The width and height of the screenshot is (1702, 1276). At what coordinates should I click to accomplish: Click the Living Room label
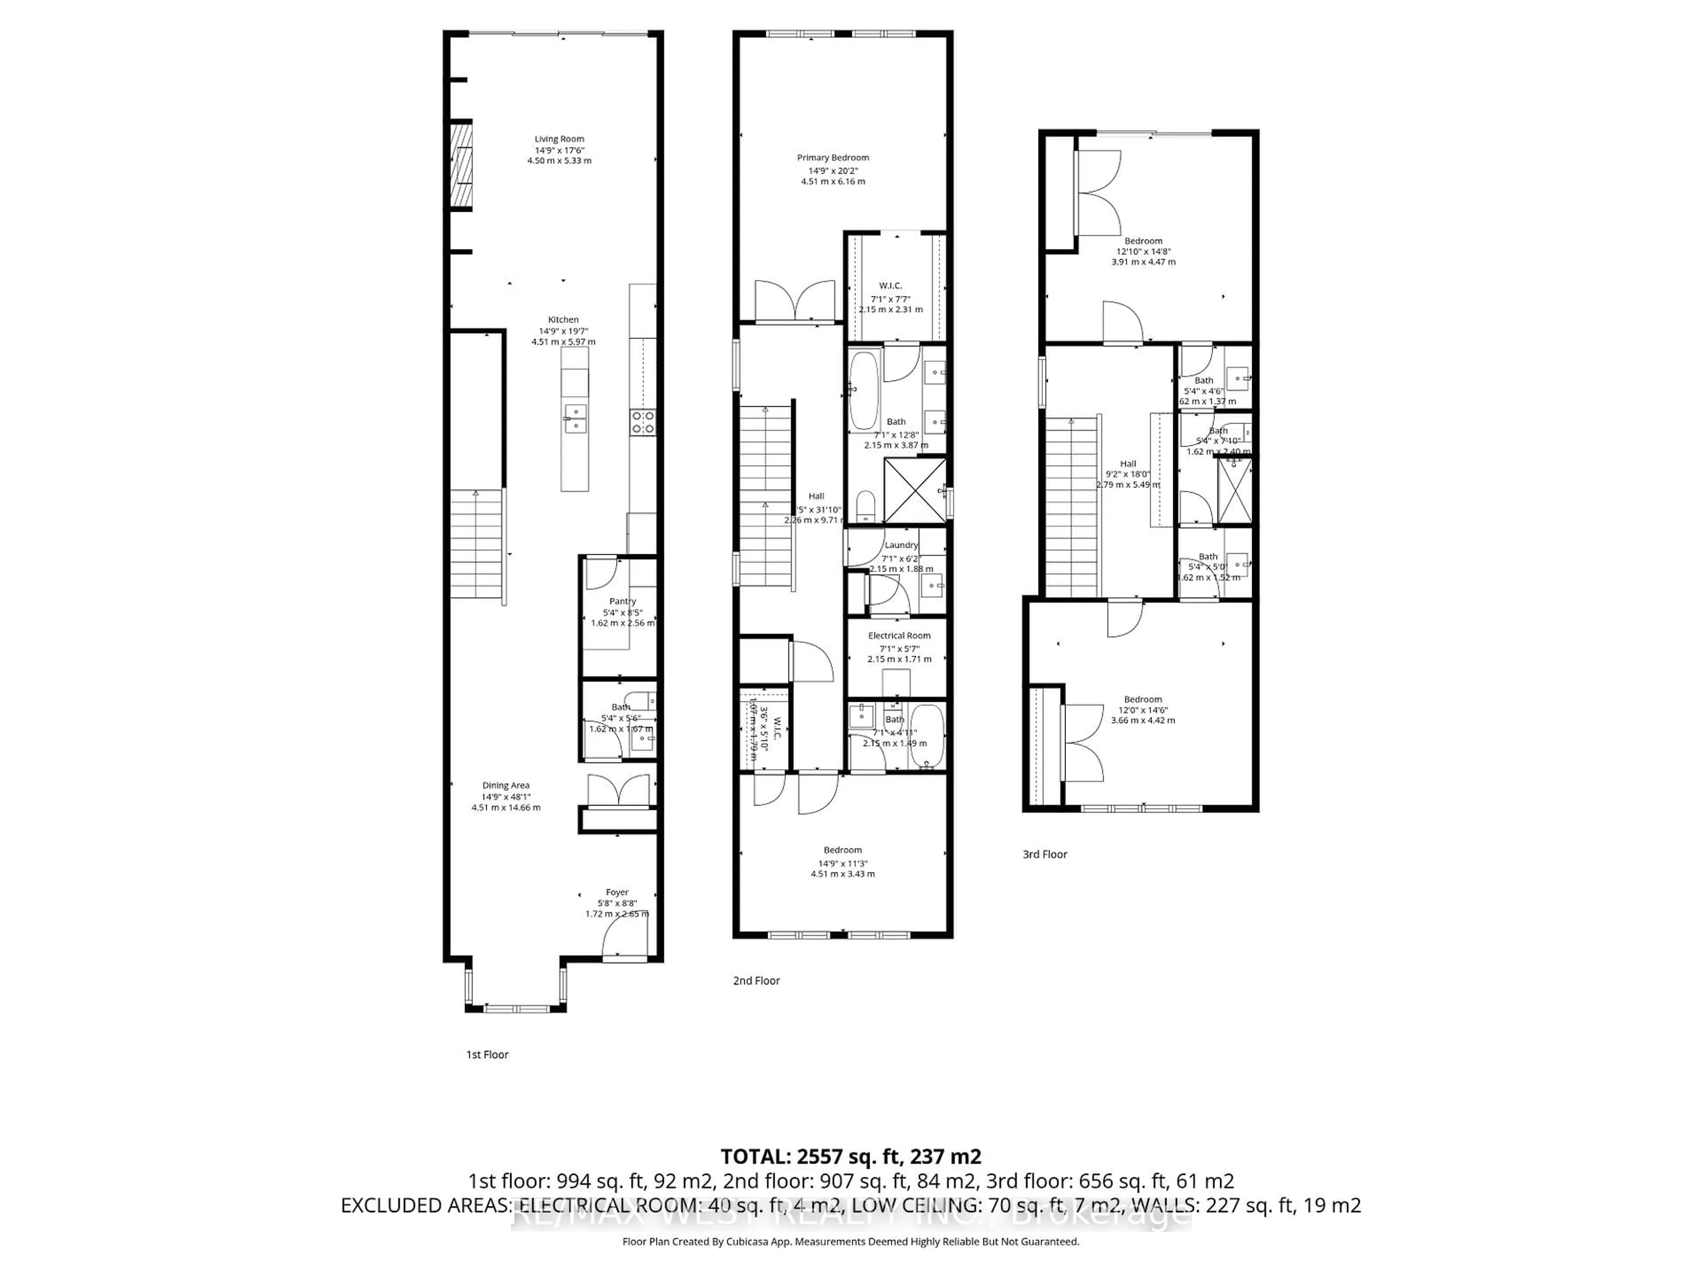coord(559,139)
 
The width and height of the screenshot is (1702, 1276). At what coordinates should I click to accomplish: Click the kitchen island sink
coord(575,418)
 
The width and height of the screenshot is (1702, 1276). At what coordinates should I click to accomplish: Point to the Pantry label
coord(622,602)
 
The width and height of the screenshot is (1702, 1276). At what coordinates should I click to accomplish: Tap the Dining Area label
coord(506,785)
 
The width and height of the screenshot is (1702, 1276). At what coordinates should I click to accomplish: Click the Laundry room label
coord(901,545)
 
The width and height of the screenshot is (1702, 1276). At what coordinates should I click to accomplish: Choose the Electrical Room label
coord(899,635)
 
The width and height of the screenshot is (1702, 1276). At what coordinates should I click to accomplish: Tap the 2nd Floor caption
coord(756,980)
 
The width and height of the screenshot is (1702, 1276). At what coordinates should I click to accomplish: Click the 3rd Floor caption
coord(1044,854)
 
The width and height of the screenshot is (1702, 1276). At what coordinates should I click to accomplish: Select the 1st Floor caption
coord(487,1054)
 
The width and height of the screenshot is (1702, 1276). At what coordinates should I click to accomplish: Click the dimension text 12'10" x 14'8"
coord(1143,251)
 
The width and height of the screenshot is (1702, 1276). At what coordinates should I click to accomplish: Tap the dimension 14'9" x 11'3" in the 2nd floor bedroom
coord(843,863)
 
